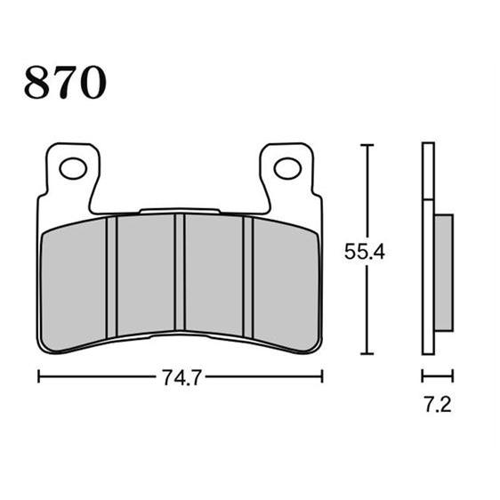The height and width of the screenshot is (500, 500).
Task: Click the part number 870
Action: coord(65,82)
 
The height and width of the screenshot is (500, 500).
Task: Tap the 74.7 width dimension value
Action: coord(181,378)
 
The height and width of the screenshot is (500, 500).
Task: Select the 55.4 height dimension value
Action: coord(365,252)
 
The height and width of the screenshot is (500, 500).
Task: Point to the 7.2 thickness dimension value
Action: coord(438,404)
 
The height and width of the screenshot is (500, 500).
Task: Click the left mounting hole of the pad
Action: coord(73,168)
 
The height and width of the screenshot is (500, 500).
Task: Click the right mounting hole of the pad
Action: coord(287,168)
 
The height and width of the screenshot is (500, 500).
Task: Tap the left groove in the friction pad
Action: coord(111,277)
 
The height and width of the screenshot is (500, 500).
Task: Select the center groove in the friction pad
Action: coord(180,272)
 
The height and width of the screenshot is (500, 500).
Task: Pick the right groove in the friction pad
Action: coord(248,277)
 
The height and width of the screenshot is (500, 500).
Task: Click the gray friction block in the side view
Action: coord(444,272)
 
